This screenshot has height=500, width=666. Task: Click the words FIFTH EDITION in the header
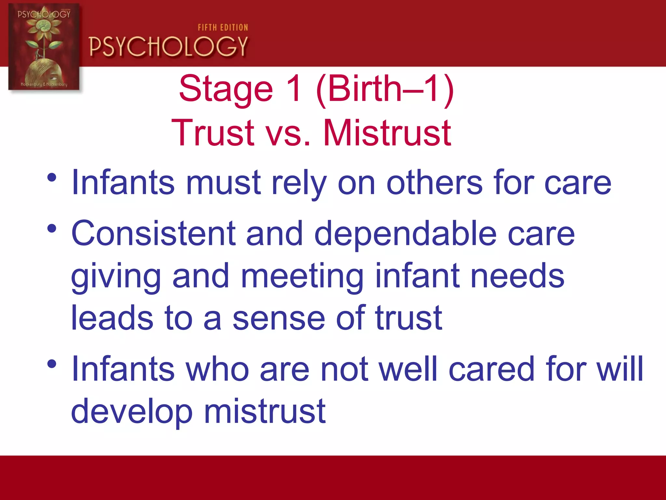[223, 28]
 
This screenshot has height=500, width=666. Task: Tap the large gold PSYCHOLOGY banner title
[168, 47]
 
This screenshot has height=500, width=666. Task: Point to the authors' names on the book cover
[44, 84]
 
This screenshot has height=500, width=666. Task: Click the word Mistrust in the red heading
[387, 133]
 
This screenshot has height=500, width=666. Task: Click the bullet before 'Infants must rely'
[52, 178]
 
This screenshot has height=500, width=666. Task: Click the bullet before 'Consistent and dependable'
[52, 228]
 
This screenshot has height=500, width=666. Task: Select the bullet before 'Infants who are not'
[52, 364]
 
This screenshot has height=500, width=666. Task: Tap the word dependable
[406, 233]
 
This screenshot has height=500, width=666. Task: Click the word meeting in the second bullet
[302, 276]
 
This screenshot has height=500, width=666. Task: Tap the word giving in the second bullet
[116, 276]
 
